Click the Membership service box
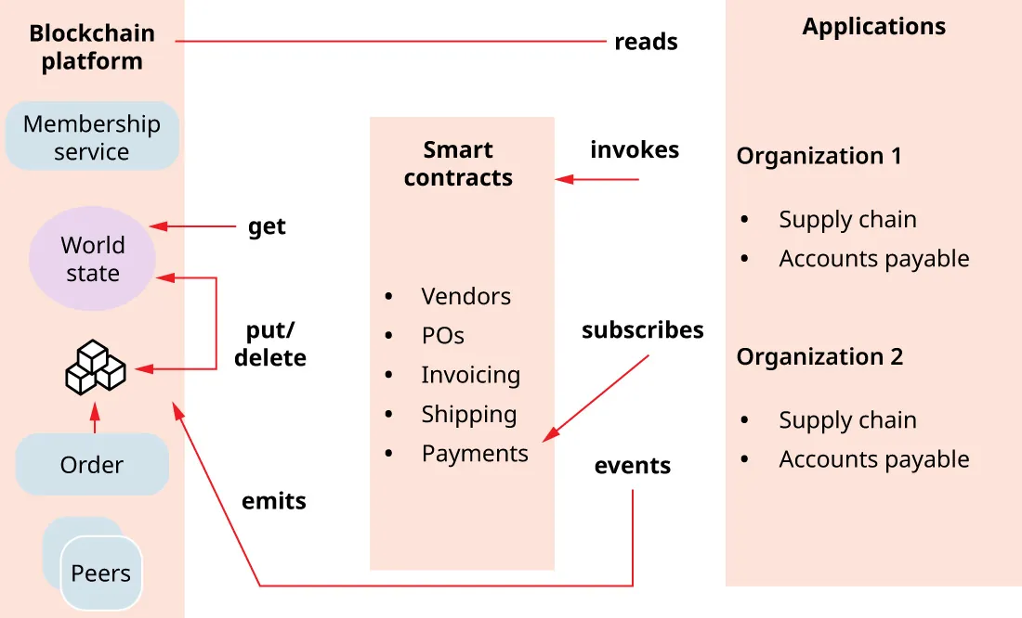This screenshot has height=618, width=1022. pos(91,136)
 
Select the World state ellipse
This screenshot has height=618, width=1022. pos(92,259)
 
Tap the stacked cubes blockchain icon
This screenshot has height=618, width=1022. pos(95,367)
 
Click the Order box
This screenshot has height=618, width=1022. pos(92,465)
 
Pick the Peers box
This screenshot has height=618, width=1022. pos(100,573)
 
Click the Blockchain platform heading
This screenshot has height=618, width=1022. pos(92,47)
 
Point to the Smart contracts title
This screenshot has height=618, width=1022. pos(458,163)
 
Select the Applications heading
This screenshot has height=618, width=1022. pos(873,26)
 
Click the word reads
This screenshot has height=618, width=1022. pos(646,42)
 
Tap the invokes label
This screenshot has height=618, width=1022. pos(635,149)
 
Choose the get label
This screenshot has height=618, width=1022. pos(267,226)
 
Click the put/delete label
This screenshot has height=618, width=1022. pos(269,344)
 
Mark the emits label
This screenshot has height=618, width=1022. pos(273,501)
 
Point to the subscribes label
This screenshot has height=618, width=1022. pos(642,329)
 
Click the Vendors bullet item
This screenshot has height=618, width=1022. pos(465,297)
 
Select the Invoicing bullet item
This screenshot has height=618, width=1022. pos(470,375)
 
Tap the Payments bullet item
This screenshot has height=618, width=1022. pos(474,454)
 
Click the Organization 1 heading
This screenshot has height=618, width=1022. pos(819,156)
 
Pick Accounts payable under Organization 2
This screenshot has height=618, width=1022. pos(873,459)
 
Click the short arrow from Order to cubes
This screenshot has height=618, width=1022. pos(94,418)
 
